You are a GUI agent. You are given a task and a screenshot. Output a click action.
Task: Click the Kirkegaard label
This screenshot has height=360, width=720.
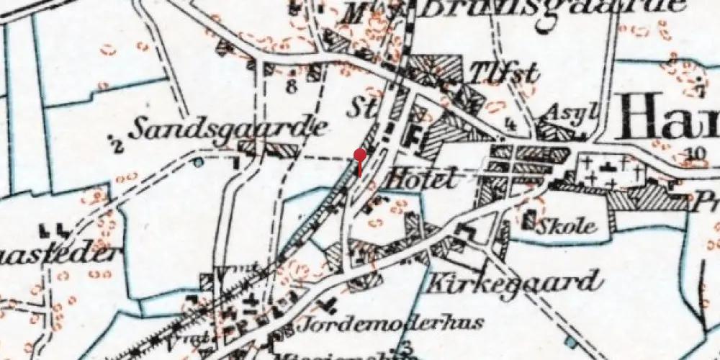click(515, 282)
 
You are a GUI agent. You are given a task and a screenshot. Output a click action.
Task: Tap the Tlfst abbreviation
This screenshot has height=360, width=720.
click(494, 72)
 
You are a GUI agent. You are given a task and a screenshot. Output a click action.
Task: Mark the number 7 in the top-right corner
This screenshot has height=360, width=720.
click(702, 91)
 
